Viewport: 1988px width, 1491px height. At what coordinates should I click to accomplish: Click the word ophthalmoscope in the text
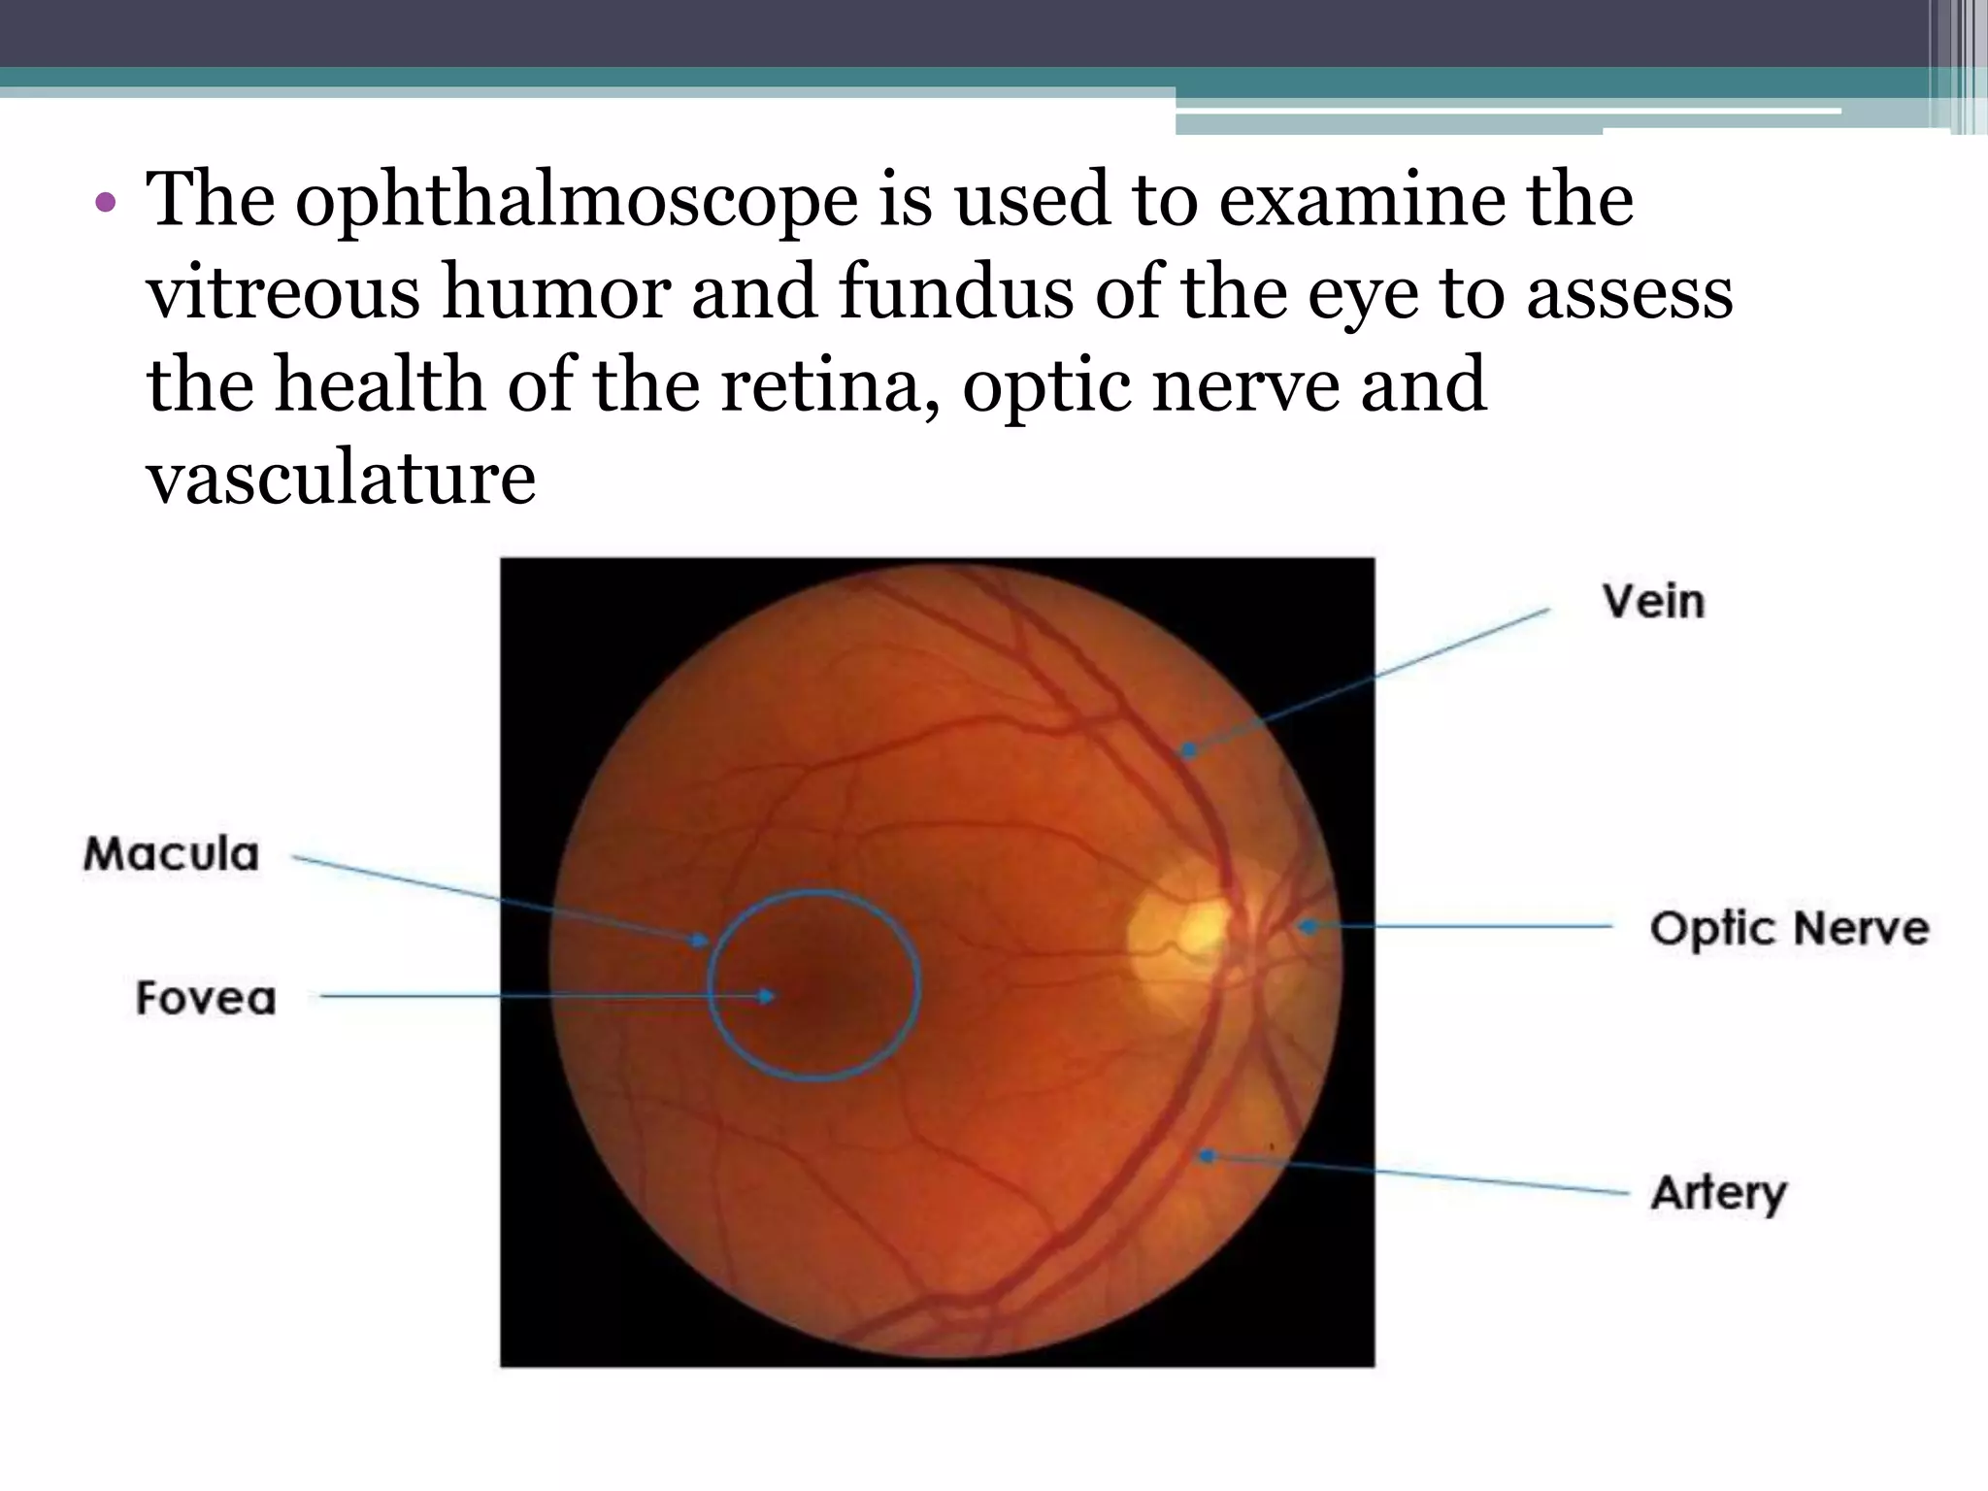[577, 201]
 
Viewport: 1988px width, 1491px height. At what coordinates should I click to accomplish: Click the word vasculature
[341, 477]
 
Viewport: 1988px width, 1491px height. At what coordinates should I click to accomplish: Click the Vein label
[1653, 601]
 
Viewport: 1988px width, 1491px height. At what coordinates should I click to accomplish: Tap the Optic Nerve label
[1789, 928]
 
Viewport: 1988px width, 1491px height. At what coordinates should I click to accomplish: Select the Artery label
[1718, 1193]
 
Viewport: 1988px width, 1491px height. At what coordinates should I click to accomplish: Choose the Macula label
[172, 854]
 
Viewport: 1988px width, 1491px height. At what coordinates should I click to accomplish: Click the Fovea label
[206, 998]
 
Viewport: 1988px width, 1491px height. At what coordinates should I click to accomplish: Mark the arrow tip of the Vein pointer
[1186, 749]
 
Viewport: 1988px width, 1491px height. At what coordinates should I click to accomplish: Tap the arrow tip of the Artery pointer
[1206, 1155]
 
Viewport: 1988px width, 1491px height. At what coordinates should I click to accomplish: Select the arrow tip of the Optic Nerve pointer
[1306, 927]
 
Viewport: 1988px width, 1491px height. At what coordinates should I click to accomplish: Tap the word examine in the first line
[1358, 201]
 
